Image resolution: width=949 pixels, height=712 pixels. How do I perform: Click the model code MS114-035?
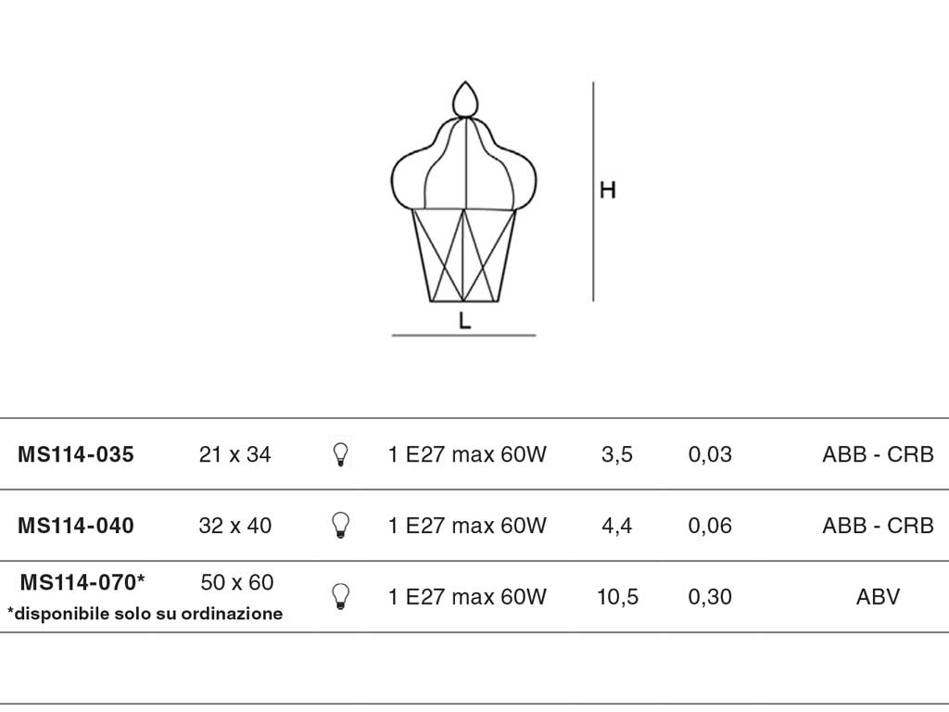(x=76, y=454)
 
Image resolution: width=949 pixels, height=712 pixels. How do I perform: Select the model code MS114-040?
(x=76, y=526)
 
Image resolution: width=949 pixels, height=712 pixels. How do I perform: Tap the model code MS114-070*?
(x=82, y=582)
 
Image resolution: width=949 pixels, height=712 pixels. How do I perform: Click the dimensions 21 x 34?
(x=234, y=454)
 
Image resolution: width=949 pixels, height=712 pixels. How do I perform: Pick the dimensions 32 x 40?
(x=234, y=526)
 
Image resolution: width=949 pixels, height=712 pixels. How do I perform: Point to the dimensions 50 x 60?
(x=237, y=582)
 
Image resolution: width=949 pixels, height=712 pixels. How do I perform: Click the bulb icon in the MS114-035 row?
(x=341, y=454)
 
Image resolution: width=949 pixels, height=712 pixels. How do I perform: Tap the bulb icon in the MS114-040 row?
(x=341, y=526)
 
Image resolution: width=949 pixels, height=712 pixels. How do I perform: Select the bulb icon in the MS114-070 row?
(x=341, y=596)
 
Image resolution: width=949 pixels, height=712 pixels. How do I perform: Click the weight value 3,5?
(x=616, y=454)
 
